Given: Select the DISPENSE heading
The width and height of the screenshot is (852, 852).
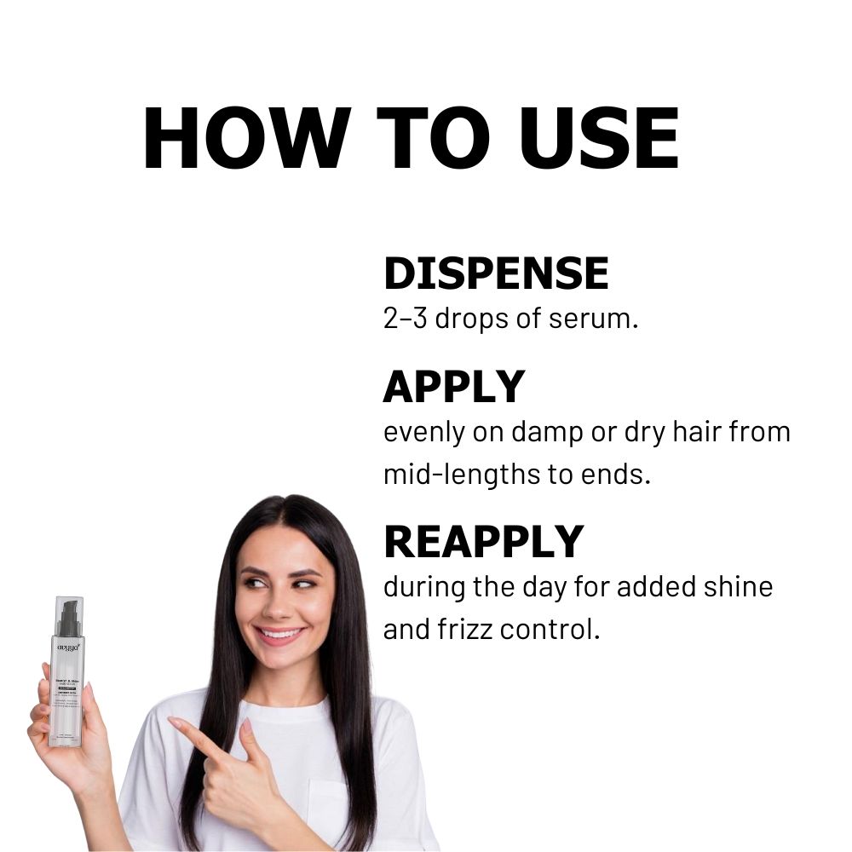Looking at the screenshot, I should (x=496, y=273).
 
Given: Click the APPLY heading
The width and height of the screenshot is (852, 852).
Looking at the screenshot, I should (x=453, y=387).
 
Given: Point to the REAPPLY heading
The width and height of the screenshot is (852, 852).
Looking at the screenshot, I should (x=483, y=541).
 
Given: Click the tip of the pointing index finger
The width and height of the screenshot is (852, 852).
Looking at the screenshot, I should (x=173, y=722).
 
